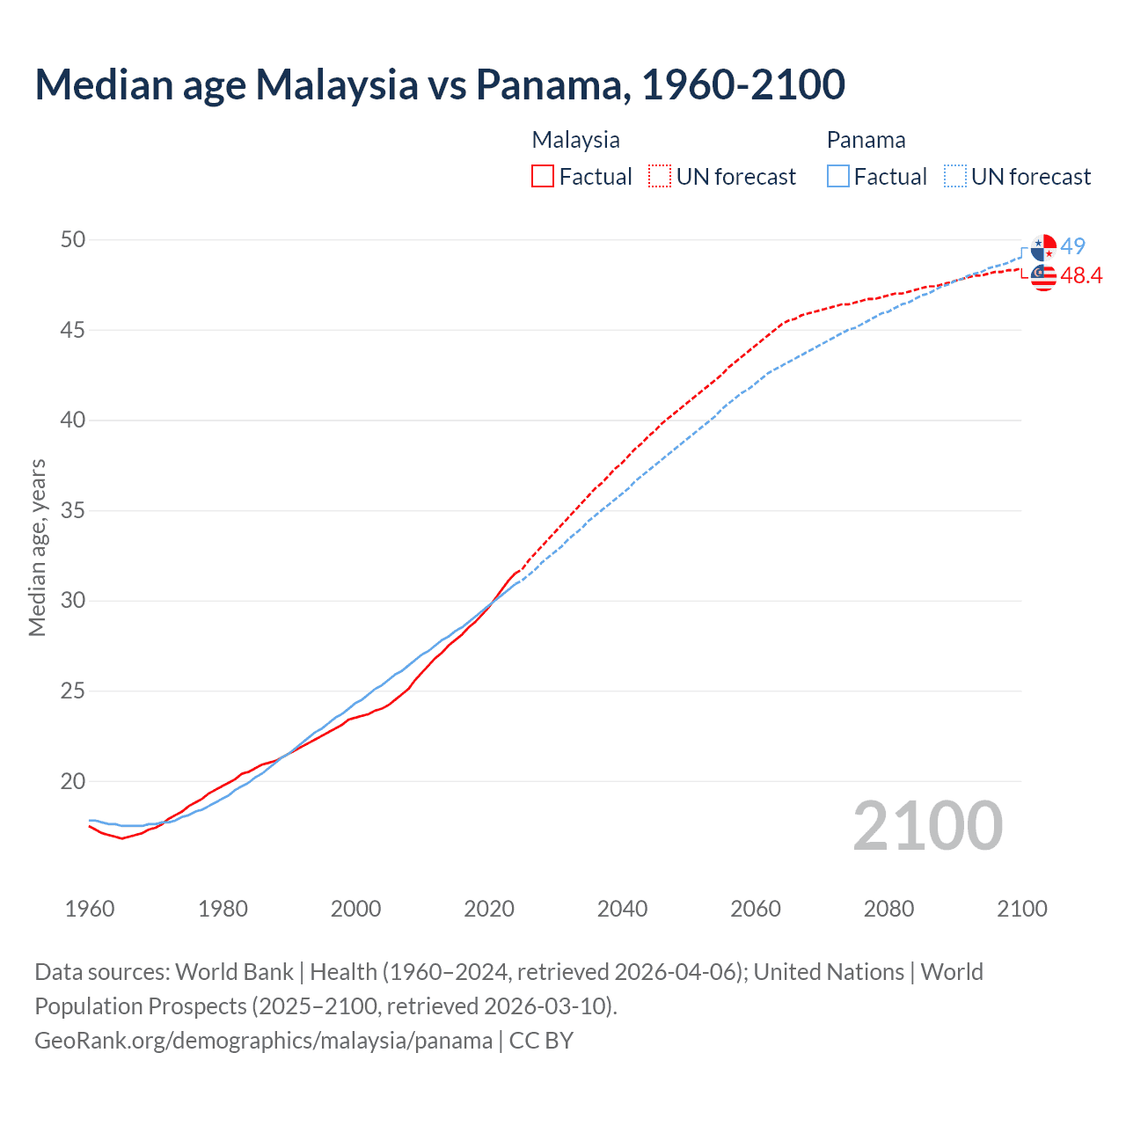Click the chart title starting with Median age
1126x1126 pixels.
click(x=440, y=84)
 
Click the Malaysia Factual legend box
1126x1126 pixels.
click(x=543, y=176)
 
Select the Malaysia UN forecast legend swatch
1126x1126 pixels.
click(x=660, y=176)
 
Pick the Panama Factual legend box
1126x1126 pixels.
click(x=838, y=176)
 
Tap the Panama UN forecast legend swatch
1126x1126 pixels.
click(x=955, y=176)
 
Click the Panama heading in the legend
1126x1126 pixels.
click(x=866, y=140)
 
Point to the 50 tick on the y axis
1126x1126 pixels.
click(x=73, y=239)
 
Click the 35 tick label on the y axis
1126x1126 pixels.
click(x=73, y=510)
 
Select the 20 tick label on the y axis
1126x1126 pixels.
click(x=73, y=781)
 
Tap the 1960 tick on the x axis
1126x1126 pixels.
click(x=90, y=909)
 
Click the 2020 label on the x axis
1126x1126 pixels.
click(x=489, y=909)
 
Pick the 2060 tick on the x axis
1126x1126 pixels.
click(x=756, y=909)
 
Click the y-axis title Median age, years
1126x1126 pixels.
click(x=37, y=547)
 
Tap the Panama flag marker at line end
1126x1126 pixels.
click(x=1043, y=248)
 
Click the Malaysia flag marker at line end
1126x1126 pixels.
click(x=1043, y=276)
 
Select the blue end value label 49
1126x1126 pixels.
click(x=1072, y=246)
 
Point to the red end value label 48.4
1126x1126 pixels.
click(x=1081, y=276)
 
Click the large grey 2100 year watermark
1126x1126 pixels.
click(x=927, y=825)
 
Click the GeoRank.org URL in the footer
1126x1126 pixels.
click(x=263, y=1041)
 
